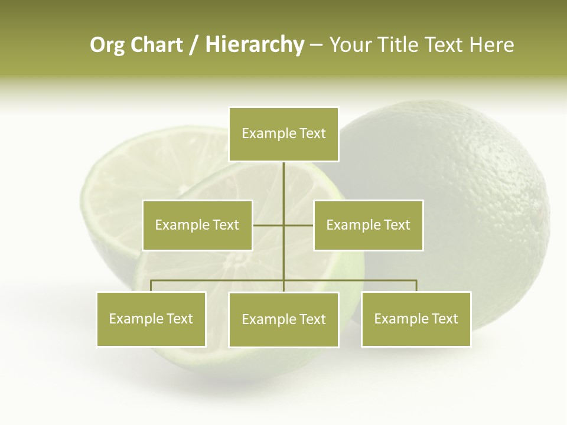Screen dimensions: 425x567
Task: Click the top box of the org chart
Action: pos(283,134)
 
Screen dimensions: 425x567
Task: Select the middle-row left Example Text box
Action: pos(197,225)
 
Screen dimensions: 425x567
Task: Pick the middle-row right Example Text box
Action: pos(369,225)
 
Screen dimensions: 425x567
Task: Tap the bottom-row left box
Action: pos(151,319)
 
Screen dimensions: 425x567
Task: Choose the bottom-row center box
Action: pos(283,319)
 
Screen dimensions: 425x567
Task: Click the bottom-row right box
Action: pos(416,319)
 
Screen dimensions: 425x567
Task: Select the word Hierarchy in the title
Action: pos(255,45)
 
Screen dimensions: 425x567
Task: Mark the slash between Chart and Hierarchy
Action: pos(194,45)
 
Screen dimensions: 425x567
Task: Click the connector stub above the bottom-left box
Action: pos(151,286)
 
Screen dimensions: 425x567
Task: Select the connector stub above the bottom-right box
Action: pos(416,286)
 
